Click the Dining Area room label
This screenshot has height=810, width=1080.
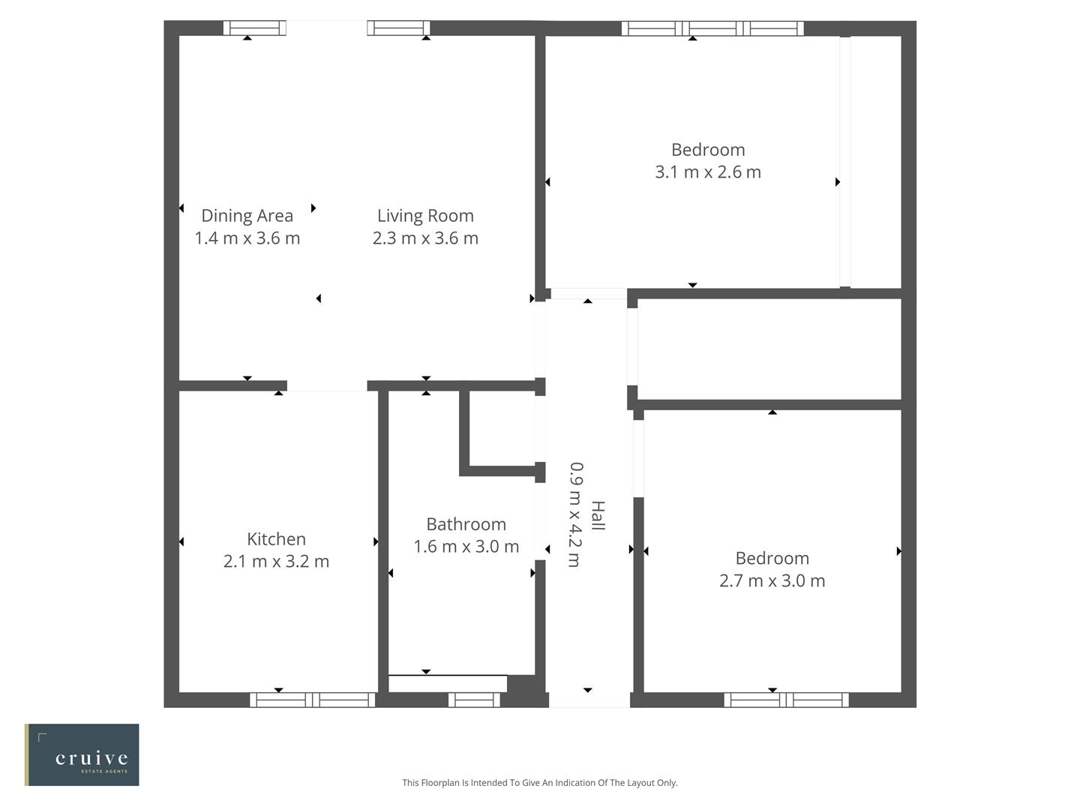pyautogui.click(x=247, y=216)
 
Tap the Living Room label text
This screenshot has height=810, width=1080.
pyautogui.click(x=425, y=216)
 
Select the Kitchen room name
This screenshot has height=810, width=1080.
pyautogui.click(x=276, y=539)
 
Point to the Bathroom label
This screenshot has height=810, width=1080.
pyautogui.click(x=466, y=524)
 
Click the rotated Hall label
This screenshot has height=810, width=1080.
pyautogui.click(x=598, y=515)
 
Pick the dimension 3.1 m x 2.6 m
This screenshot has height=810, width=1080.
pyautogui.click(x=708, y=172)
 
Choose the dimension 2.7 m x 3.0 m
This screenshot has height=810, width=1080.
pyautogui.click(x=772, y=580)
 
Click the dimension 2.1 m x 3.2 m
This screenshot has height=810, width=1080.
pyautogui.click(x=276, y=562)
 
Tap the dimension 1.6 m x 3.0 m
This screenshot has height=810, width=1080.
pyautogui.click(x=466, y=547)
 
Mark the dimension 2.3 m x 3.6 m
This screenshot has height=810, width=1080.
pyautogui.click(x=425, y=238)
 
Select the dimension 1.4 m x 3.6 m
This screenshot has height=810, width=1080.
pyautogui.click(x=247, y=238)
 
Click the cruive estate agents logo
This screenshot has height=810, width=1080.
pyautogui.click(x=82, y=754)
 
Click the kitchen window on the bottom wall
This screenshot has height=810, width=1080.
pyautogui.click(x=312, y=700)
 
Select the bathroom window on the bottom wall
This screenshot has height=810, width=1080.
pyautogui.click(x=474, y=700)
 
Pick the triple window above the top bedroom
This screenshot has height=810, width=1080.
pyautogui.click(x=712, y=28)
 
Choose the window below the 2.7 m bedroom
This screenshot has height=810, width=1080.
pyautogui.click(x=786, y=700)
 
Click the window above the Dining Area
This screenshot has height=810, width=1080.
pyautogui.click(x=255, y=28)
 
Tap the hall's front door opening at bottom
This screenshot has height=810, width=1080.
pyautogui.click(x=589, y=700)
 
